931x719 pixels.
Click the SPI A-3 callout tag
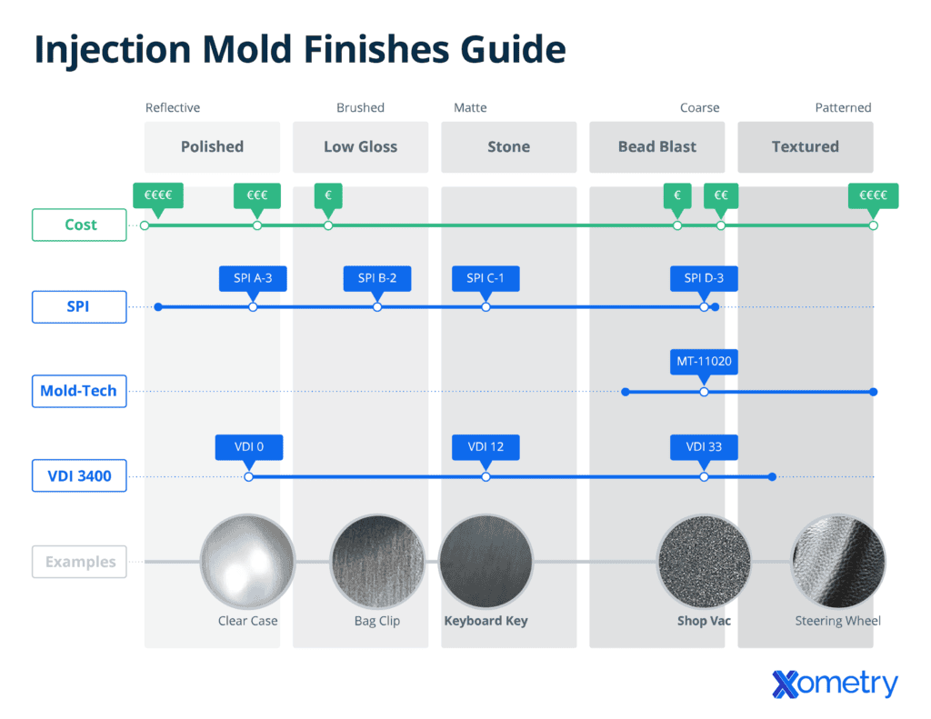(x=253, y=278)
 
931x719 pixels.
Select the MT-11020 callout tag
(x=704, y=362)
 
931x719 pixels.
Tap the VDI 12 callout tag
(x=486, y=447)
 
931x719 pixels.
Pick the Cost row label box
(x=79, y=225)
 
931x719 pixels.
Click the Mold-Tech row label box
(x=79, y=392)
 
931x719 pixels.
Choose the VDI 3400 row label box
(x=79, y=475)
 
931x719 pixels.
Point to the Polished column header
(x=212, y=146)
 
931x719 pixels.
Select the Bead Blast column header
(x=656, y=146)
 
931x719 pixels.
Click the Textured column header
(x=805, y=146)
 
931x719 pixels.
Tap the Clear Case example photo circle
(x=247, y=561)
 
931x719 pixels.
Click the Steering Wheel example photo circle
(x=837, y=561)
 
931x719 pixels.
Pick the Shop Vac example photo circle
(x=705, y=561)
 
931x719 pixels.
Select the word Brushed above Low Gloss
(x=360, y=107)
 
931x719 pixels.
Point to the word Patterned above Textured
(x=843, y=107)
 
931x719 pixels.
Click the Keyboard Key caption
(x=486, y=621)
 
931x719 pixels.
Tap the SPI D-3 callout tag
(x=705, y=278)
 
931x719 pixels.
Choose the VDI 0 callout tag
(x=248, y=447)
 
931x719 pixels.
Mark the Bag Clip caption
(x=377, y=621)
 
